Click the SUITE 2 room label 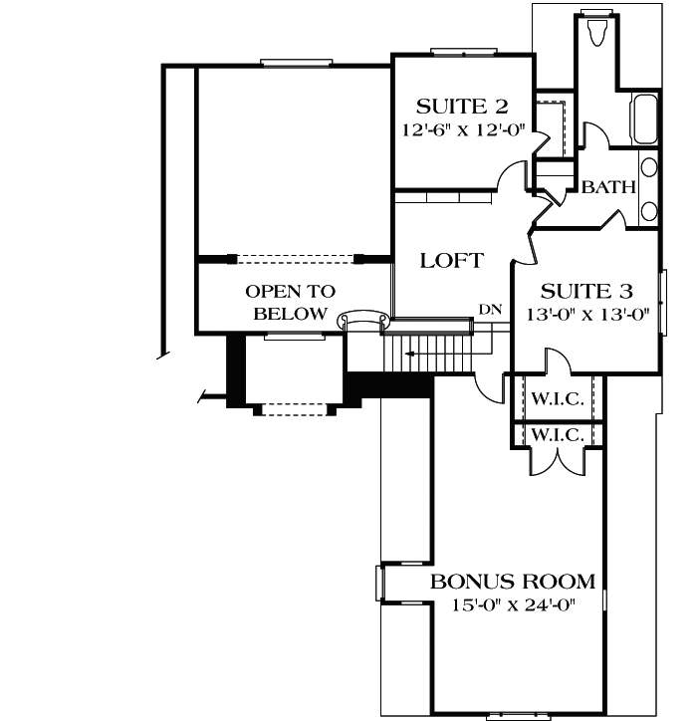tap(462, 106)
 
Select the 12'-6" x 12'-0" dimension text tap(462, 129)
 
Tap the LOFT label tap(451, 261)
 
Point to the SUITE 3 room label tap(586, 291)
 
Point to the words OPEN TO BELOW tap(290, 303)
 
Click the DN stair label tap(489, 310)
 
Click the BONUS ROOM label tap(512, 582)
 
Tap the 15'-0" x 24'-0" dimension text tap(512, 604)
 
